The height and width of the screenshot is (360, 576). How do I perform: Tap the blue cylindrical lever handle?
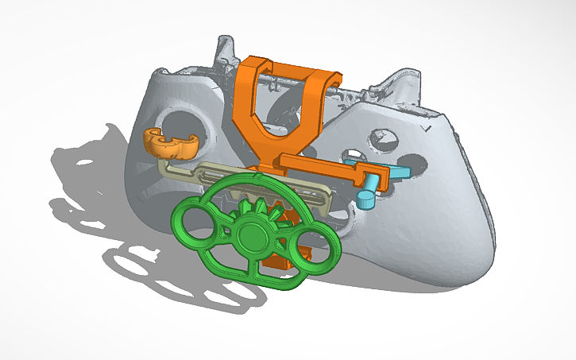click(369, 195)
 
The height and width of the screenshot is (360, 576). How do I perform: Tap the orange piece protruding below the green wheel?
click(278, 261)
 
